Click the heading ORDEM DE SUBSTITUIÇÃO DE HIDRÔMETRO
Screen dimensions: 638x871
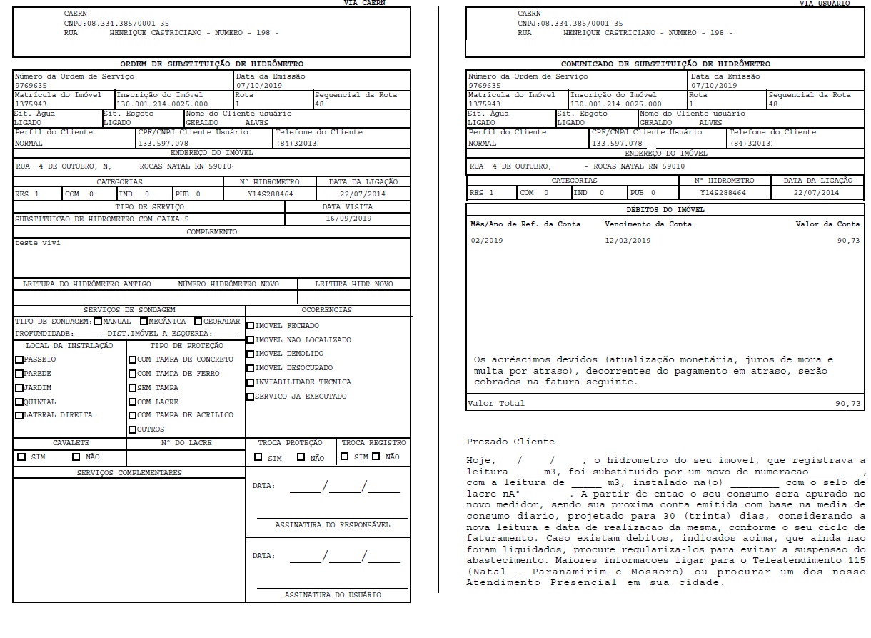coord(211,64)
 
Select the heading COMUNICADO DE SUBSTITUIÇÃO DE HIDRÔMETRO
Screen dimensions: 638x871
coord(665,64)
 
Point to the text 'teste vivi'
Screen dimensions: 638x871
coord(38,243)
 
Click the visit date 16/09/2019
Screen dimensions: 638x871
coord(348,219)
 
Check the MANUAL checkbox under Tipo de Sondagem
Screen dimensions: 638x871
coord(98,322)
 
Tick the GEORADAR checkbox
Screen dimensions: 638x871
coord(198,322)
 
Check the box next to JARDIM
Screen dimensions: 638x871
coord(19,388)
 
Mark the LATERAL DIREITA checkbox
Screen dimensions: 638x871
coord(19,415)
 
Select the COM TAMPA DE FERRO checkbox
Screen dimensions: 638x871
coord(132,374)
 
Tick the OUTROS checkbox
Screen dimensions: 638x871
coord(132,429)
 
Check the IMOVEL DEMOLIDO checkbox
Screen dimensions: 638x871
coord(250,354)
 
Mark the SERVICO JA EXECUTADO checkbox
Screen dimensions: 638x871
coord(250,397)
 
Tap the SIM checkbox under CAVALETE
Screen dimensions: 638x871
coord(21,457)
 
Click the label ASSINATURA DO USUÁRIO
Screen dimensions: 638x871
coord(332,595)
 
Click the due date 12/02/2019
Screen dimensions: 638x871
coord(628,241)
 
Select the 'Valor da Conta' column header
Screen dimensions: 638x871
coord(827,224)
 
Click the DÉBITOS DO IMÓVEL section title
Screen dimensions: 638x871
coord(665,210)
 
